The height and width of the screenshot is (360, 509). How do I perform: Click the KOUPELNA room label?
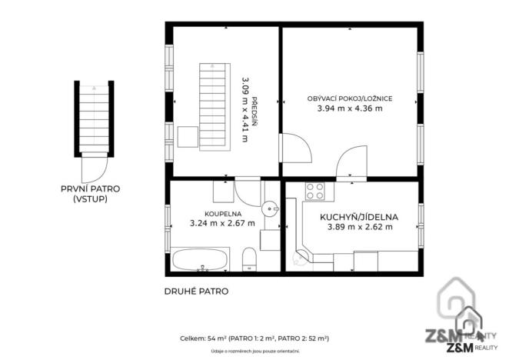coord(221,214)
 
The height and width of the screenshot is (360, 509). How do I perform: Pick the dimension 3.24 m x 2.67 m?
coord(221,224)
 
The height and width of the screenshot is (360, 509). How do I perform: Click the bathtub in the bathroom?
coord(199,260)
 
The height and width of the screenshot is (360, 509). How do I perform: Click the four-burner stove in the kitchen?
coord(314,190)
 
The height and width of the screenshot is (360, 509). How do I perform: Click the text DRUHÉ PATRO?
coord(196,292)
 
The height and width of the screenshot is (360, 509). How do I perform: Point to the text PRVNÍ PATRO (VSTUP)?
coord(91,193)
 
